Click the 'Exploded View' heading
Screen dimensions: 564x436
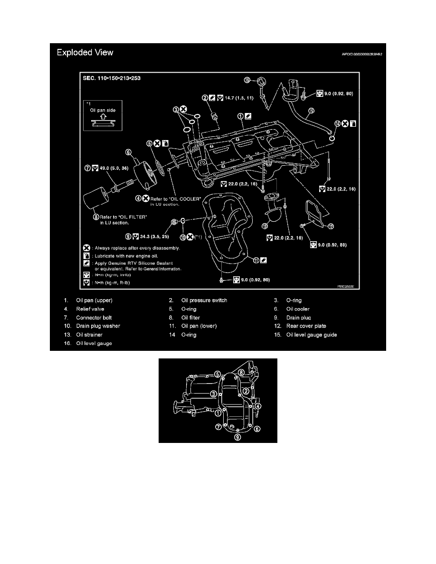tap(85, 52)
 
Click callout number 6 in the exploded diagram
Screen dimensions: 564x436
tap(129, 152)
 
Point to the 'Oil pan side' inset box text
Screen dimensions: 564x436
tap(104, 111)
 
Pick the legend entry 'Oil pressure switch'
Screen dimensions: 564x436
tap(204, 300)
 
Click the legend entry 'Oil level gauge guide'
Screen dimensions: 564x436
tap(313, 335)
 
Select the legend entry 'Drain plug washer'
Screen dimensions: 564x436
tap(98, 326)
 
